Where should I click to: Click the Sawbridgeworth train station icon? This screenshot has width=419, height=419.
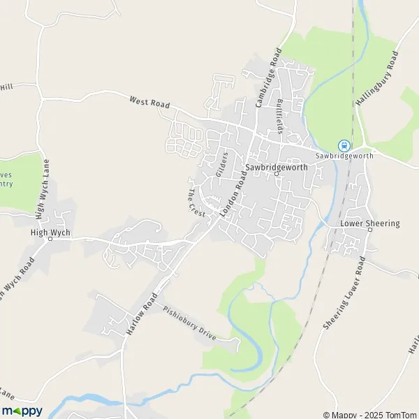pos(344,145)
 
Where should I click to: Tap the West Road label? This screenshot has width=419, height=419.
pos(149,103)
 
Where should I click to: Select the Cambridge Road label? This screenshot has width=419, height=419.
pos(267,77)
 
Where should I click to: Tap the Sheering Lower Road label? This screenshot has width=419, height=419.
pos(345,293)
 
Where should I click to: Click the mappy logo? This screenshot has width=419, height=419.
pos(22,411)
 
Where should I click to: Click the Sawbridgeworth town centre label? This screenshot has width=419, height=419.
pos(274,168)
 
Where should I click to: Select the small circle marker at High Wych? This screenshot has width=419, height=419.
pos(50,239)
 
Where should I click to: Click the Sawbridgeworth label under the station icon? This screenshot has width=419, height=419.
pos(344,156)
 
